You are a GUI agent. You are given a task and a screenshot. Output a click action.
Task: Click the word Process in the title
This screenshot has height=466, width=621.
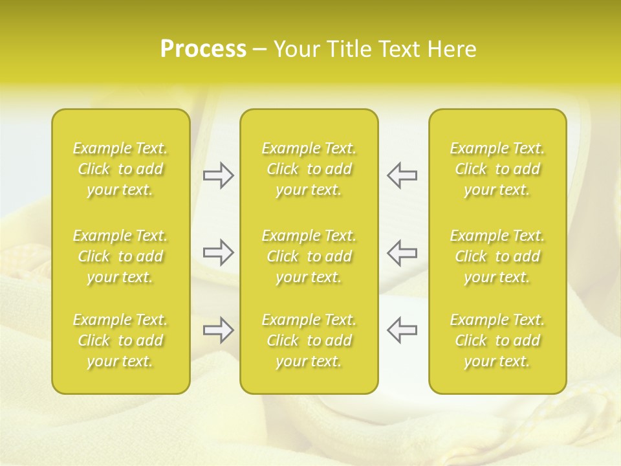coord(203,49)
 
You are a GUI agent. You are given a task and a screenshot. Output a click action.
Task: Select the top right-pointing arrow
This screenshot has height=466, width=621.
coord(218,175)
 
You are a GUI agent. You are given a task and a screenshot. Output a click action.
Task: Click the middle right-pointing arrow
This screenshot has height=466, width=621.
coord(218,252)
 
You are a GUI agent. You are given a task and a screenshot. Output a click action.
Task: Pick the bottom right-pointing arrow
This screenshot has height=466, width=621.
coord(218,330)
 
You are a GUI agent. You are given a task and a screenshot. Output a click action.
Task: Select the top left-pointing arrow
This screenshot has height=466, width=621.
coord(402,175)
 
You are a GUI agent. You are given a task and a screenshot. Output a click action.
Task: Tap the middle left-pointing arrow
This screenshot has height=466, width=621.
coord(402,252)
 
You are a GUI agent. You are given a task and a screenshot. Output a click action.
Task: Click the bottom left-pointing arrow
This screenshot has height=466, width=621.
coord(402,330)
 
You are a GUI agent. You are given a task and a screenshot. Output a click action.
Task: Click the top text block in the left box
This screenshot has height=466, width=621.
coord(120,169)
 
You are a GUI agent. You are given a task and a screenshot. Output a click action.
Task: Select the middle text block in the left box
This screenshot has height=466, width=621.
coord(120,256)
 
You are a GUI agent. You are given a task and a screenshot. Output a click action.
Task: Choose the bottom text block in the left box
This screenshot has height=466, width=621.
coord(120,340)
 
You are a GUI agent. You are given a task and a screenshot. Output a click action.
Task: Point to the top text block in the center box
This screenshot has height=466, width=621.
coord(309,169)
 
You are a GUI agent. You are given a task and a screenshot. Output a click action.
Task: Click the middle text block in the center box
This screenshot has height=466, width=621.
coord(309,256)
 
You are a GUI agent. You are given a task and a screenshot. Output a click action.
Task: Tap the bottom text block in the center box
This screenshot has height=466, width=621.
coord(309,340)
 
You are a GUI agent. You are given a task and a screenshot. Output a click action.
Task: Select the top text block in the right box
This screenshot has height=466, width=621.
coord(497,169)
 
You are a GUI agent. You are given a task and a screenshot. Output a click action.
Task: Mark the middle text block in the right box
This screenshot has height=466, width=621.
coord(497,256)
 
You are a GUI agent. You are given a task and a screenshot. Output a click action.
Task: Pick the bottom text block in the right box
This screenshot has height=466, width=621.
coord(497,340)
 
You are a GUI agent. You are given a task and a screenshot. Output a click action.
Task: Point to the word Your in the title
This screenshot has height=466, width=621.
coord(296,49)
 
